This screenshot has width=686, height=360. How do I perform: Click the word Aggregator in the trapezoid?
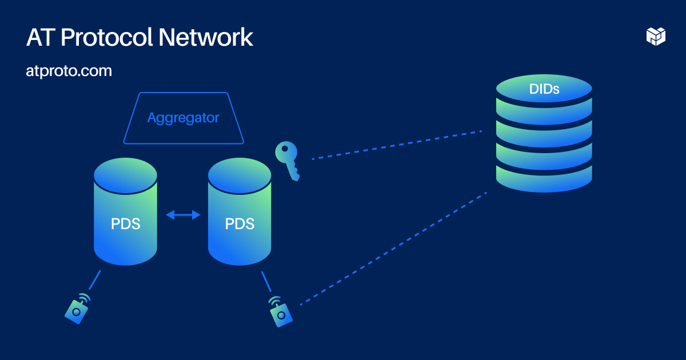(x=183, y=118)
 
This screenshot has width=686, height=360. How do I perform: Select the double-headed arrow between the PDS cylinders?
(x=183, y=215)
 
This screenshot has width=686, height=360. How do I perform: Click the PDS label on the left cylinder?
(x=125, y=223)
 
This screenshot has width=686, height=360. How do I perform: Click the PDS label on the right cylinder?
(x=240, y=223)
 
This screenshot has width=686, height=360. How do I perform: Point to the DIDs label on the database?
(x=544, y=89)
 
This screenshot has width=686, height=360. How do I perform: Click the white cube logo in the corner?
(x=656, y=36)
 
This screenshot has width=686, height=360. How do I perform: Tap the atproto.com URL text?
(x=69, y=71)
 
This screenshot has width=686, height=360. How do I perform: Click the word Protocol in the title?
(x=107, y=38)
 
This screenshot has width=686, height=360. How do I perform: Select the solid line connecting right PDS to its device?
(x=266, y=282)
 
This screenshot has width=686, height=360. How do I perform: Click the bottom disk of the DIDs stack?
(x=544, y=178)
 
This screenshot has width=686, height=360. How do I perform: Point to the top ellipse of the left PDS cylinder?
(x=125, y=175)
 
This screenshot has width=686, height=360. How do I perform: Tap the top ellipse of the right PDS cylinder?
(x=240, y=175)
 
